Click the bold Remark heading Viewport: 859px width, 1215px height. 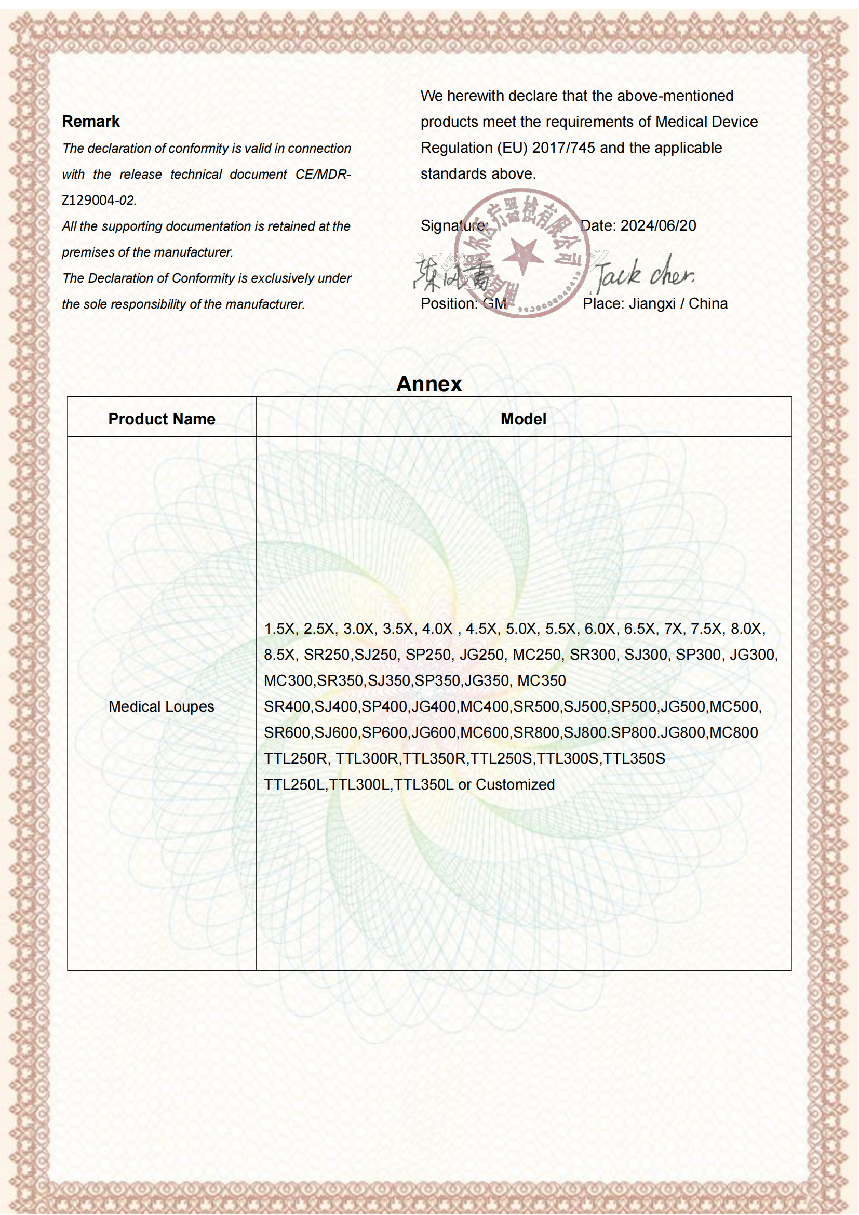tap(91, 121)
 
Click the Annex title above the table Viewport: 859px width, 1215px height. tap(429, 384)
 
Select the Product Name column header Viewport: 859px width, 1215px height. tap(162, 419)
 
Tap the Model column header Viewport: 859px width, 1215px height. tap(523, 419)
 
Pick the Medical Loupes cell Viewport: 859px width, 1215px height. tap(162, 706)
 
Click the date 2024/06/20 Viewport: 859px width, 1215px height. tap(658, 225)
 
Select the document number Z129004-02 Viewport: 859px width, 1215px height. tap(99, 200)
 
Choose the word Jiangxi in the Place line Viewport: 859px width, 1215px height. tap(652, 303)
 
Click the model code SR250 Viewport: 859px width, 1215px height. tap(326, 655)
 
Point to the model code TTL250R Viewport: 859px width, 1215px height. tap(296, 758)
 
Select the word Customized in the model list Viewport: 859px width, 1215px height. tap(515, 784)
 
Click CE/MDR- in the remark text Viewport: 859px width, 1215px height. tap(323, 174)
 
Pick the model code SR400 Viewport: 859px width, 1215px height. tap(287, 706)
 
